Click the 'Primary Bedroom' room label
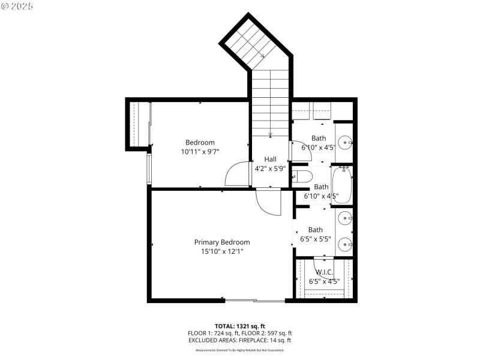(221, 242)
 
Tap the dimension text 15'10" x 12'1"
(221, 251)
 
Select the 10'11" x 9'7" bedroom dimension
(200, 152)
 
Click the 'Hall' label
(270, 159)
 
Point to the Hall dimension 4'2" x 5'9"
(270, 169)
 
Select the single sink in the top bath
(344, 143)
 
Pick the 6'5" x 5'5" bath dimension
(315, 239)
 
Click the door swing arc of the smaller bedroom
(236, 175)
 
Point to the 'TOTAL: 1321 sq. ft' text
(239, 325)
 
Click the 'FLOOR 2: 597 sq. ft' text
(267, 333)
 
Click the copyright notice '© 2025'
(17, 6)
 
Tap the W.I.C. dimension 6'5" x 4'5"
(324, 281)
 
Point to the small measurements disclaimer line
(239, 350)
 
